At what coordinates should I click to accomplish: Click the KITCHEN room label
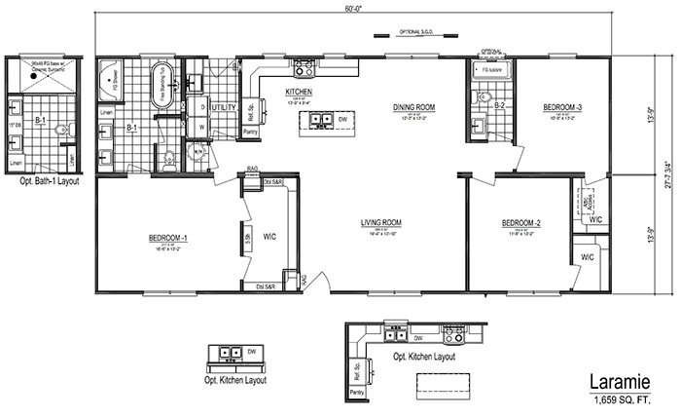pyautogui.click(x=297, y=94)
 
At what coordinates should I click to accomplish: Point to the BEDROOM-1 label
pyautogui.click(x=168, y=238)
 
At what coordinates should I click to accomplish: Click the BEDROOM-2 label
pyautogui.click(x=520, y=223)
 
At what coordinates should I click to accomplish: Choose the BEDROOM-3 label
pyautogui.click(x=563, y=107)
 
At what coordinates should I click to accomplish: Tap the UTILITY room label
pyautogui.click(x=224, y=106)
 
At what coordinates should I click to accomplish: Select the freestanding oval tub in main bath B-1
pyautogui.click(x=161, y=87)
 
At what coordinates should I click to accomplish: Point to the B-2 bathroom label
pyautogui.click(x=499, y=105)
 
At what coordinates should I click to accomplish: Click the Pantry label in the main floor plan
pyautogui.click(x=250, y=131)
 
